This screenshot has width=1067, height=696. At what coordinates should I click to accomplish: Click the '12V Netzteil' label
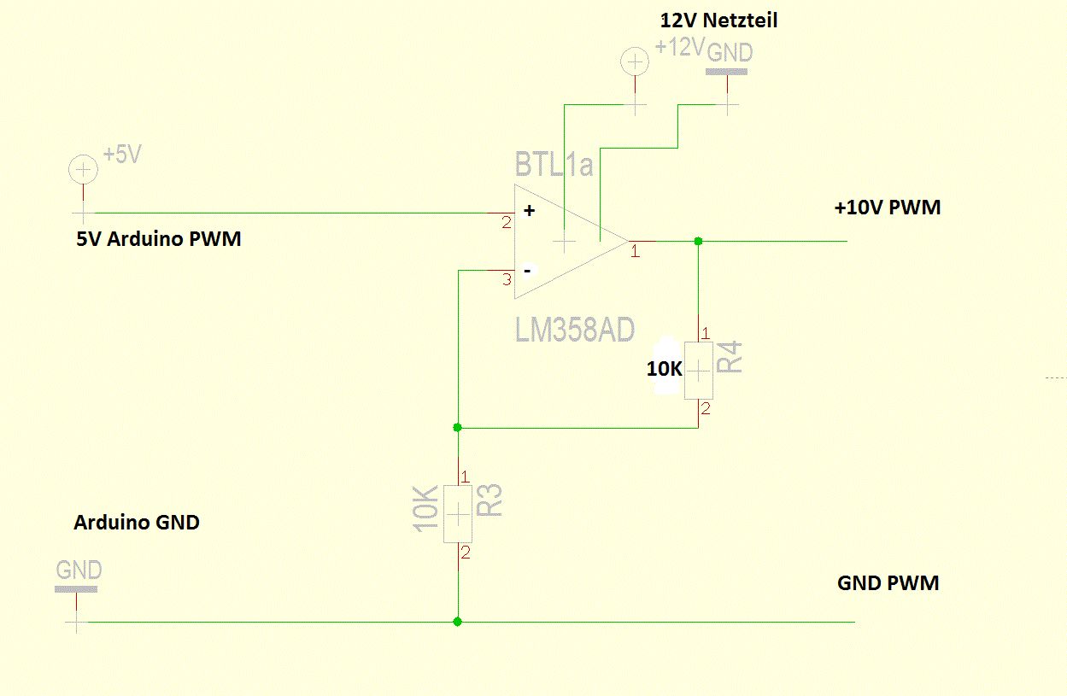point(718,19)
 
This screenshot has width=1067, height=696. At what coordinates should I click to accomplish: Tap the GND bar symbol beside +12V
point(727,72)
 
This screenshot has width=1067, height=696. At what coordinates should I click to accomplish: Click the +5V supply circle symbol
point(83,170)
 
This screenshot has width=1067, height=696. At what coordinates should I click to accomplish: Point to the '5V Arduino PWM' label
point(159,239)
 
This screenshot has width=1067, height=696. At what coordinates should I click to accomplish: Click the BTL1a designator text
point(554,164)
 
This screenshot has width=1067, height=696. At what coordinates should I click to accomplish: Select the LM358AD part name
point(575,329)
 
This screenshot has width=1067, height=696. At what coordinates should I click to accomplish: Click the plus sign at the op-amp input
point(529,210)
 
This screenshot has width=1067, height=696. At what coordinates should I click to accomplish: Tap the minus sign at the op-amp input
point(528,270)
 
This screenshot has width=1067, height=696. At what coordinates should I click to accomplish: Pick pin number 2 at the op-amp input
point(506,223)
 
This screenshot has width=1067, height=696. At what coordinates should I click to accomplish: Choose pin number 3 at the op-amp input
point(506,280)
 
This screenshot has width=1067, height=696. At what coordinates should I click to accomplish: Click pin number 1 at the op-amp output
point(635,252)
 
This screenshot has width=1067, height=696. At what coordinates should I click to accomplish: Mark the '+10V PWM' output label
point(888,208)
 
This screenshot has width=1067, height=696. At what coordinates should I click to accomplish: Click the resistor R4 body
point(698,370)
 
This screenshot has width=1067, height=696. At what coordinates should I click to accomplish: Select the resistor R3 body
point(458,514)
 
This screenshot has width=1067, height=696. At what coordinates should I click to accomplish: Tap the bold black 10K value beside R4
point(664,370)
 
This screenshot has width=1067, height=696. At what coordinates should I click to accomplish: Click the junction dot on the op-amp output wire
point(698,241)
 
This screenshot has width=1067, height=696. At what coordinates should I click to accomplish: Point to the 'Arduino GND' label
point(137,522)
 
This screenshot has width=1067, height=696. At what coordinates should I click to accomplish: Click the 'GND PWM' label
point(888,583)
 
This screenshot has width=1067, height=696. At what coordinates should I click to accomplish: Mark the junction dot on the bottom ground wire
point(458,622)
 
